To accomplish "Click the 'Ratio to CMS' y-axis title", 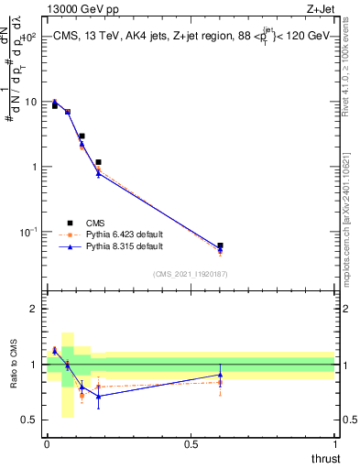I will point(14,364).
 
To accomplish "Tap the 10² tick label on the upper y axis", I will point(28,37).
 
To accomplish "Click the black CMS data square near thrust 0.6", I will point(220,245).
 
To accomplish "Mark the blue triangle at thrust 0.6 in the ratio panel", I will point(220,375).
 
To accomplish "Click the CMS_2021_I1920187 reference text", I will point(190,273).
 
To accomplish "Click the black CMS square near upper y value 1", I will point(98,162).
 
